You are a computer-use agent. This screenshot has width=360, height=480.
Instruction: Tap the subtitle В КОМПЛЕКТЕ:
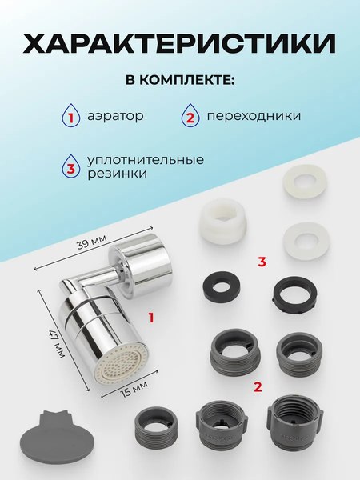tap(180, 82)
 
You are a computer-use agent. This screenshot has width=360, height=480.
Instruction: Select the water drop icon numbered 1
tap(71, 117)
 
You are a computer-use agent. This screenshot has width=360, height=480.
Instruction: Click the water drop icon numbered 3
tap(71, 166)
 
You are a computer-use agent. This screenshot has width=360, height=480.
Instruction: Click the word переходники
tap(254, 117)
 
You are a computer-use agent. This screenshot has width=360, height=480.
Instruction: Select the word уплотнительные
tap(146, 159)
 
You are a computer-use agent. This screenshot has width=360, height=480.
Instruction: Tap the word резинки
tap(118, 174)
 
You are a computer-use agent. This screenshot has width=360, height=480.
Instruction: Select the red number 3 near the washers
tap(262, 262)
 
